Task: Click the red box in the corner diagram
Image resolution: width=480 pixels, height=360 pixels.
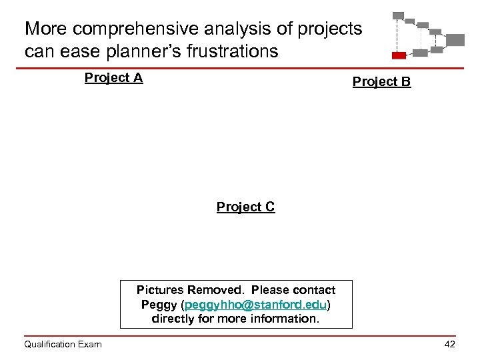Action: (x=399, y=55)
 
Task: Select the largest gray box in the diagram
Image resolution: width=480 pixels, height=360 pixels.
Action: (x=455, y=39)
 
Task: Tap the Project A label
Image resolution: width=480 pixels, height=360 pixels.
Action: (x=113, y=78)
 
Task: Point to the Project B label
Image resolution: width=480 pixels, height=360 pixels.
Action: (x=381, y=82)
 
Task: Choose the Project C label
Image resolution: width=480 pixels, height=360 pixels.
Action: (x=245, y=207)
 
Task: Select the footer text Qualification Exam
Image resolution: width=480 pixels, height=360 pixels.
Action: (x=63, y=344)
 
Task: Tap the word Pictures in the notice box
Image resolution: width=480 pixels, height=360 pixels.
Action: (x=159, y=291)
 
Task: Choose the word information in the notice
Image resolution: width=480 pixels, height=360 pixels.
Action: (x=284, y=319)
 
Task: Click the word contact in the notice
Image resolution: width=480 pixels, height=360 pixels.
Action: (x=314, y=291)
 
